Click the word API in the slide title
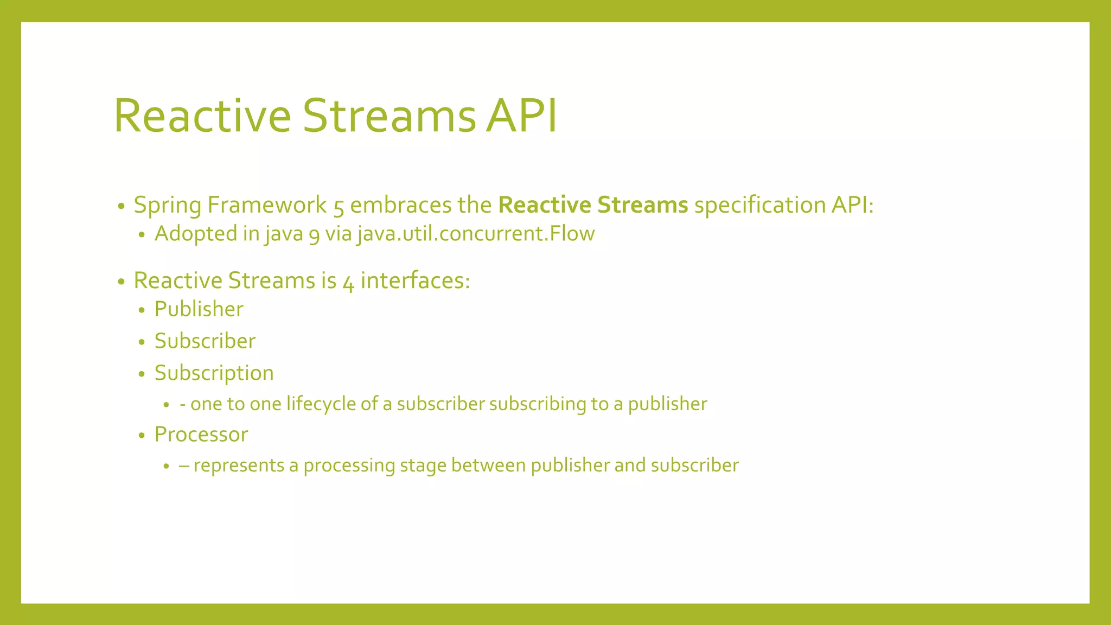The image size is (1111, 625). pos(521,116)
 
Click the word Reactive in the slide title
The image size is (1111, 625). pos(202,116)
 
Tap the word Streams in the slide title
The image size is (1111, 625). pos(388,116)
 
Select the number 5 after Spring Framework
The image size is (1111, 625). pos(339,207)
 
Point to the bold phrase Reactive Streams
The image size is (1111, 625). pos(593,205)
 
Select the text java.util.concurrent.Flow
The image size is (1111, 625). pos(476,234)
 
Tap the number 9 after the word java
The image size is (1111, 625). pos(314,235)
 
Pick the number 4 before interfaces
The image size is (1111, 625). pos(348,282)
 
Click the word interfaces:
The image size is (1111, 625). pos(415,280)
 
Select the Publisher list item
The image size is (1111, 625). pos(199,309)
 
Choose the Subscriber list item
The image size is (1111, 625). pos(205,341)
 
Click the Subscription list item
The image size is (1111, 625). pos(214,373)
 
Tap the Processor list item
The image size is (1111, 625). pos(201,435)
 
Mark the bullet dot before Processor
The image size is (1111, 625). pos(142,436)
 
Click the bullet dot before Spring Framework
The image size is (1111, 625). pos(121,207)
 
